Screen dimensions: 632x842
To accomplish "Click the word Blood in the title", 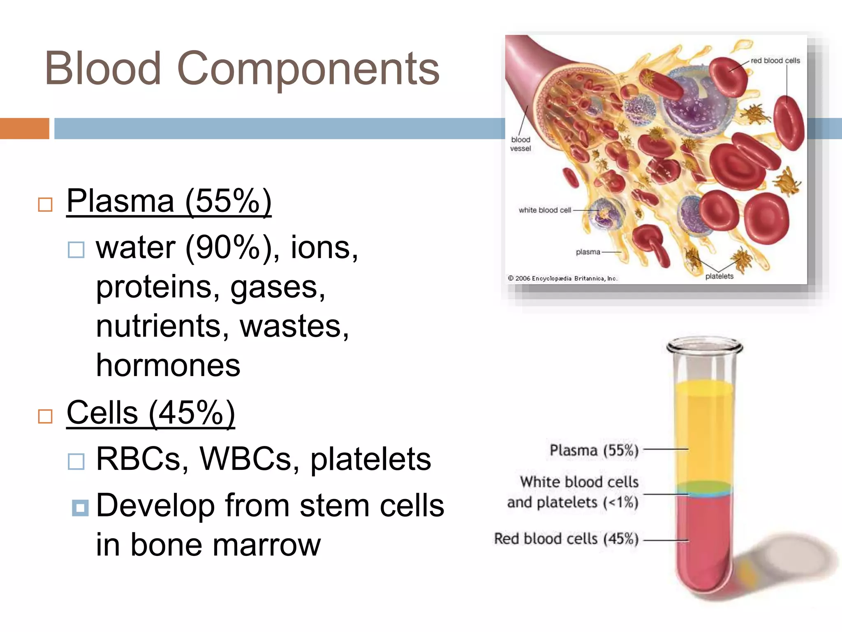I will tap(103, 68).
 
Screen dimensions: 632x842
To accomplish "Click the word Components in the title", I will tap(308, 69).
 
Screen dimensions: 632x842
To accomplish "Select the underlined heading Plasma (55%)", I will tap(169, 201).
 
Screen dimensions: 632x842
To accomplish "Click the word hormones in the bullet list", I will tap(168, 365).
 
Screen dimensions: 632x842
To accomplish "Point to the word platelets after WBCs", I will tap(370, 459).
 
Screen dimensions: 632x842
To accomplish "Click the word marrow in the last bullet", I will tap(266, 545).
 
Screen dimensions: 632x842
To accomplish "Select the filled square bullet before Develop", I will tap(80, 508).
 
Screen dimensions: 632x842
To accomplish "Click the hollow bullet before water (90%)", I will tap(76, 249).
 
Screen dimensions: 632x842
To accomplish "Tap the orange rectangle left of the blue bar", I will tap(24, 128).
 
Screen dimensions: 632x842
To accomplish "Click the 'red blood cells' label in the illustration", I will tap(775, 61).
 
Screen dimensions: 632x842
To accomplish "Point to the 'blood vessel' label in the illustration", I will tap(520, 144).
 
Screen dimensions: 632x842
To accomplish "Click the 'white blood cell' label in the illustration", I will tap(545, 210).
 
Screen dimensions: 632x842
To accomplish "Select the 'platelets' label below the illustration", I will tap(719, 276).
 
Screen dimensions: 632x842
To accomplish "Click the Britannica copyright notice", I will tap(562, 279).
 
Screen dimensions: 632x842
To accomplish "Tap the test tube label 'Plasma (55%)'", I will tap(594, 450).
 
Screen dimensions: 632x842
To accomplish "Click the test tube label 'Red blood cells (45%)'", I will tap(566, 539).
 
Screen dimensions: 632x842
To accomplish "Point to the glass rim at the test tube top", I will tap(704, 346).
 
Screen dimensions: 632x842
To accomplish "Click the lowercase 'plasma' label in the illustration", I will tap(588, 252).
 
